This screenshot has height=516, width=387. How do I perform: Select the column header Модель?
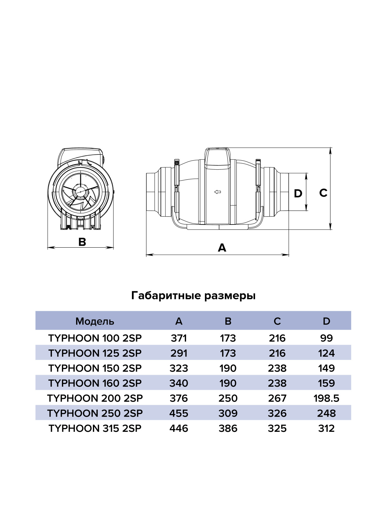click(95, 321)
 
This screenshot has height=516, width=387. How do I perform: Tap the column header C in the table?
click(277, 321)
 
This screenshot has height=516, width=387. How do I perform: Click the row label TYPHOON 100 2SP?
click(95, 339)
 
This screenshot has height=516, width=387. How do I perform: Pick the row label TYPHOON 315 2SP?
click(95, 429)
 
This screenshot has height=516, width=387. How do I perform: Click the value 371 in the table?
click(179, 339)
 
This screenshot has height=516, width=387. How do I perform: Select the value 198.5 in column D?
click(326, 399)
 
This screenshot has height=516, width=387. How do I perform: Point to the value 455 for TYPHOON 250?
click(179, 413)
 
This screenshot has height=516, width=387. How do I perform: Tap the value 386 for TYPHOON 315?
click(228, 429)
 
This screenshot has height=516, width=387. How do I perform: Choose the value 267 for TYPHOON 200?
click(277, 399)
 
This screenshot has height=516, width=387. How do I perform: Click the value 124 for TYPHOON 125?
click(326, 353)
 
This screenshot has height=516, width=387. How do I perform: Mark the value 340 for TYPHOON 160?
click(179, 383)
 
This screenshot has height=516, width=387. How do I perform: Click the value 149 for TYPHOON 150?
click(326, 368)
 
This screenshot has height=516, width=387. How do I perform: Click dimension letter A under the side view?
click(222, 248)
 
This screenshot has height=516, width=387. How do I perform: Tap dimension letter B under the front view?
click(82, 242)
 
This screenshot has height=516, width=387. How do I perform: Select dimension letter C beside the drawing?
click(323, 193)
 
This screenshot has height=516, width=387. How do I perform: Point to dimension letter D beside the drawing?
click(298, 194)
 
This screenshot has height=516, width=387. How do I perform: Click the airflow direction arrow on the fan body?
click(218, 192)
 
